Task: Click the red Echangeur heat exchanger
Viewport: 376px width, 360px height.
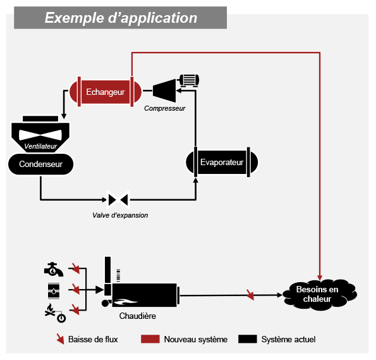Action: pos(106,92)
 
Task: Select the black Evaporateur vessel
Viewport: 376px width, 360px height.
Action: pos(222,162)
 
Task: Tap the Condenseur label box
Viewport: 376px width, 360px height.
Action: pos(41,164)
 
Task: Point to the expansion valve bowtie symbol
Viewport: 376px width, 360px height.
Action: pos(118,199)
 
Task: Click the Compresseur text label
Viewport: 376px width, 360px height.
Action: pos(165,108)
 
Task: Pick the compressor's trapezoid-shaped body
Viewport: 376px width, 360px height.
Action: pos(164,90)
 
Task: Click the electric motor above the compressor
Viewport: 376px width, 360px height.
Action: pos(189,80)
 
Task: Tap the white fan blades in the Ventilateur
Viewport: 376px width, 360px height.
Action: pos(40,135)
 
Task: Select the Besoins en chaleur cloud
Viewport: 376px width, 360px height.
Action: pos(319,294)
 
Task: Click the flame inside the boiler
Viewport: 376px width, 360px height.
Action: pos(125,301)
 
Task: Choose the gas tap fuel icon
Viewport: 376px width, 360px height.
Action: pos(54,270)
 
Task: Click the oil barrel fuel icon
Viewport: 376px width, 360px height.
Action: pos(54,291)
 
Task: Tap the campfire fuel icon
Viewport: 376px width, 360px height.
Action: pos(55,313)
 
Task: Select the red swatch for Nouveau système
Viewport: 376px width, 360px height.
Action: pos(150,339)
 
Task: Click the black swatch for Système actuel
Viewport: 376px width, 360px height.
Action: pos(248,339)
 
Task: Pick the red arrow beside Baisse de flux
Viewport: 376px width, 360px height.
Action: pos(60,339)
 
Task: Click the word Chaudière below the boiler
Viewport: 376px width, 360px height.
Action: pos(137,316)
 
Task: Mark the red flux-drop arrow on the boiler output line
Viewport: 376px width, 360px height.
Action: pos(250,295)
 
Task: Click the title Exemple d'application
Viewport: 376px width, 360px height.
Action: pos(121,18)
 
